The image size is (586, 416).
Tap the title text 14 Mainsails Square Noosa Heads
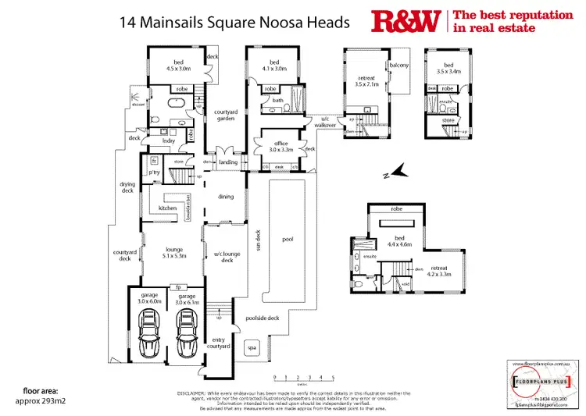[x=234, y=22]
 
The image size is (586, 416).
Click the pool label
[x=287, y=240]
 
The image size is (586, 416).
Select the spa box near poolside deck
[x=251, y=346]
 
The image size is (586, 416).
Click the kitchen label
[x=168, y=208]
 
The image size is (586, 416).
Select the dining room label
[x=226, y=197]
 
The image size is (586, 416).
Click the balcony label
[x=399, y=65]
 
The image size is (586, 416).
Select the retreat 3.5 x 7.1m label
[x=366, y=80]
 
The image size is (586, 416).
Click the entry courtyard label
[x=222, y=343]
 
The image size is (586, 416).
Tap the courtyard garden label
[x=226, y=116]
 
